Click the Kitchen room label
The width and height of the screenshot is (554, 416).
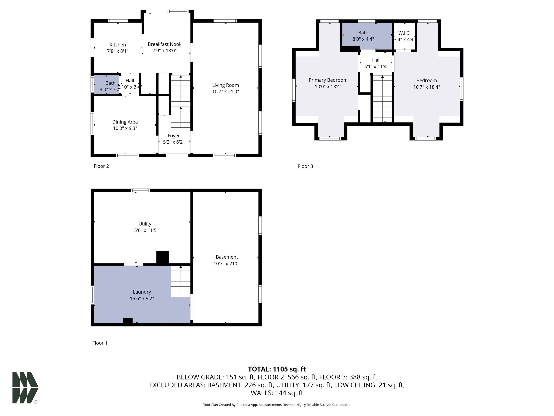(x=118, y=45)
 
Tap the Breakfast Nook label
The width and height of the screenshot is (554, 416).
(x=164, y=44)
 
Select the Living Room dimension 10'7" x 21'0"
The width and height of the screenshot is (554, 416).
(x=225, y=92)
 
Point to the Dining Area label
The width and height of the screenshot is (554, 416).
(x=125, y=122)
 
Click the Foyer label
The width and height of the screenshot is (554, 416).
(x=173, y=136)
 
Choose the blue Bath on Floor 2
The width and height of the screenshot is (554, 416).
(x=106, y=84)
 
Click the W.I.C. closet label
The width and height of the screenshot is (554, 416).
(x=404, y=33)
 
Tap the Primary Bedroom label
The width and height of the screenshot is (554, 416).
(x=328, y=80)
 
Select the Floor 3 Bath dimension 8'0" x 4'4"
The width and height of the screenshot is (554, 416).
(x=363, y=39)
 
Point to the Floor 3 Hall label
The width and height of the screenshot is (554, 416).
(x=376, y=60)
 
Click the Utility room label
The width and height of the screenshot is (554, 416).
(x=145, y=224)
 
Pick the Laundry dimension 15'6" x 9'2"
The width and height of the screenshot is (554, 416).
(x=142, y=298)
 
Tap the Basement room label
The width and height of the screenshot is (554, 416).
(x=227, y=257)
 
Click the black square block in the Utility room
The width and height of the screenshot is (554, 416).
(x=163, y=257)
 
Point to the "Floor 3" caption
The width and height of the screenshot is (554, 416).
(x=305, y=166)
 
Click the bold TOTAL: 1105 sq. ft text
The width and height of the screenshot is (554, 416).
(x=277, y=369)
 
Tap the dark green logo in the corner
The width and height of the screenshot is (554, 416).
(x=25, y=387)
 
